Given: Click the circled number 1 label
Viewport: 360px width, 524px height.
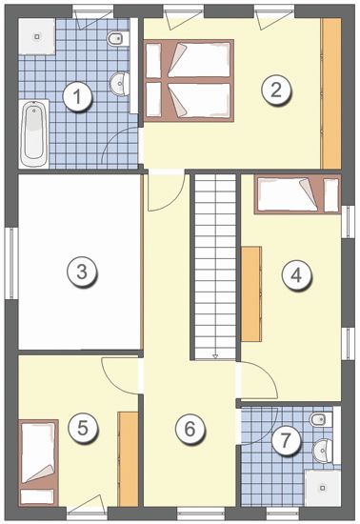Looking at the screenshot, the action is (77, 97).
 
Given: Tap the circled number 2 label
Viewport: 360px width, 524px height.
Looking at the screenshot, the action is (276, 91).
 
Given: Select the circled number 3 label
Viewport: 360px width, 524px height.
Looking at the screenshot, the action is (82, 272).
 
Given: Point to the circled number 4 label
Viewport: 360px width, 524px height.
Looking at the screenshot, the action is (296, 276).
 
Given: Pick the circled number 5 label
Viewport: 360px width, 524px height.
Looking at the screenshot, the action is (83, 428).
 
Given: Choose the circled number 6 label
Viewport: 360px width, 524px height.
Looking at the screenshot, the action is (190, 429).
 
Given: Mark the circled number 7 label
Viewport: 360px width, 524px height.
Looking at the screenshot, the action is (285, 440).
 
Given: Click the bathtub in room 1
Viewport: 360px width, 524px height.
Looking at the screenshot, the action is (33, 133).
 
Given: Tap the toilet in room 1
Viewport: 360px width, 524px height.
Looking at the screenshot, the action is (118, 39).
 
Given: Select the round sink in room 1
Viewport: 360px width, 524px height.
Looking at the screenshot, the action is (119, 83).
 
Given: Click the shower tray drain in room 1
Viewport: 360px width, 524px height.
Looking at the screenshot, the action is (37, 37).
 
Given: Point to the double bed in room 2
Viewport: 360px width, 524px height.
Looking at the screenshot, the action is (189, 81).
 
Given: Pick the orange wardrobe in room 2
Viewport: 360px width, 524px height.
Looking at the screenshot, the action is (330, 93).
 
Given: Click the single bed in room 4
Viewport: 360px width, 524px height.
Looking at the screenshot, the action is (298, 194).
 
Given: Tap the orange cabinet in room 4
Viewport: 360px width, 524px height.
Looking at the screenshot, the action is (251, 294).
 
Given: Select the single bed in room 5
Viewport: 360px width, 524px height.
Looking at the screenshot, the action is (38, 463).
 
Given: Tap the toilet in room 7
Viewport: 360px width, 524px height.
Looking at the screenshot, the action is (321, 419).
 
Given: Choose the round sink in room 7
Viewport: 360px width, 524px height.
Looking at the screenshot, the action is (323, 451).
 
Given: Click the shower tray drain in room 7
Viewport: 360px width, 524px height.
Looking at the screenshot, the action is (323, 488).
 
